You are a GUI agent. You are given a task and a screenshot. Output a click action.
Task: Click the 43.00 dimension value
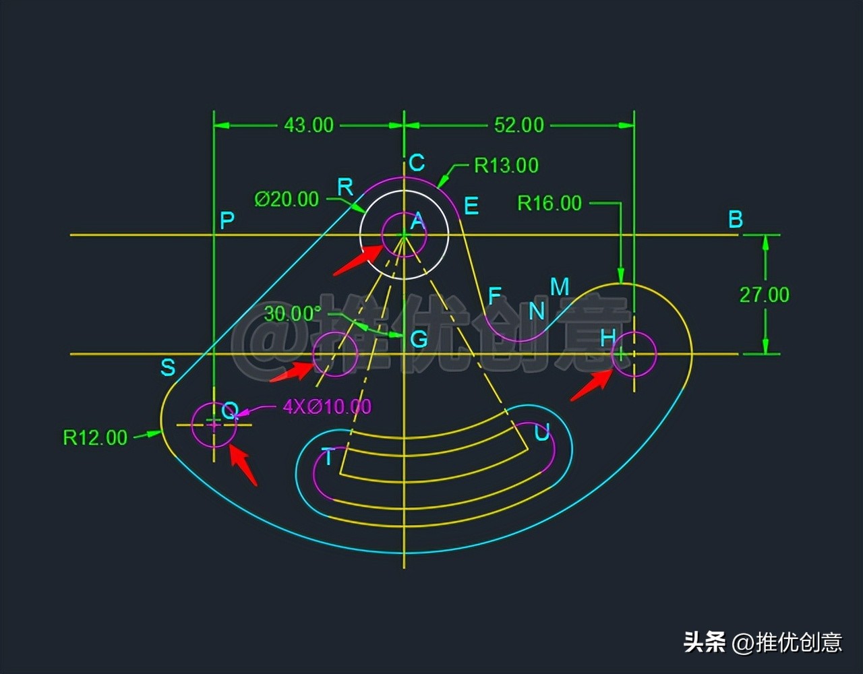pyautogui.click(x=309, y=125)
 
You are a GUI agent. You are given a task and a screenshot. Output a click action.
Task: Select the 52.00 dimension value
pyautogui.click(x=518, y=125)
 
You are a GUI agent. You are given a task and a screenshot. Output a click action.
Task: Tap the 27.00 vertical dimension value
pyautogui.click(x=764, y=295)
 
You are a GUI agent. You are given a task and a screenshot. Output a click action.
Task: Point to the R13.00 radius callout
pyautogui.click(x=506, y=166)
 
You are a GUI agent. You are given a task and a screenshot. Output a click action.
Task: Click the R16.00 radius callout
pyautogui.click(x=549, y=204)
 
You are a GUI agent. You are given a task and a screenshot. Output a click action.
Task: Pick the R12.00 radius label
pyautogui.click(x=95, y=438)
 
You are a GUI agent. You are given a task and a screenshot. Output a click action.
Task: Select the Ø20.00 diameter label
pyautogui.click(x=287, y=200)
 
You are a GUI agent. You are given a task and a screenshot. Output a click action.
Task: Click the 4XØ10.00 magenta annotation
pyautogui.click(x=327, y=406)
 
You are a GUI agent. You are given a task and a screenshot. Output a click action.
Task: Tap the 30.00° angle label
pyautogui.click(x=293, y=314)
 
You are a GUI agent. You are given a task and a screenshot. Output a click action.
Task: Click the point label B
pyautogui.click(x=736, y=220)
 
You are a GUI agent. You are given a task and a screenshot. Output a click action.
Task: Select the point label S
pyautogui.click(x=168, y=367)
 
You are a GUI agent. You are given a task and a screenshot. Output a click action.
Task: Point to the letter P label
pyautogui.click(x=227, y=220)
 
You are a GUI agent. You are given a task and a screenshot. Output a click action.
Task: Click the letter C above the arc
pyautogui.click(x=417, y=162)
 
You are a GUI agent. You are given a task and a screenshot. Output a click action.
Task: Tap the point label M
pyautogui.click(x=560, y=286)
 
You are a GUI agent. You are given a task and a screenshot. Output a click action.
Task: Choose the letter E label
pyautogui.click(x=471, y=206)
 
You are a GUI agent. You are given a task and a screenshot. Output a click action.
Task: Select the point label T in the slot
pyautogui.click(x=328, y=457)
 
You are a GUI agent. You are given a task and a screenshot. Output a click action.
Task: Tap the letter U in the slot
pyautogui.click(x=541, y=432)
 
